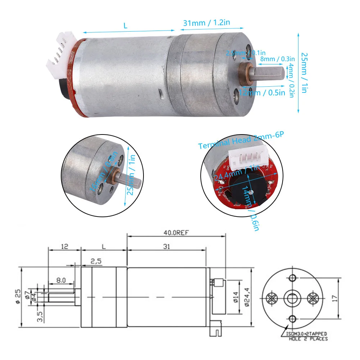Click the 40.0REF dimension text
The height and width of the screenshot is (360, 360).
point(176,232)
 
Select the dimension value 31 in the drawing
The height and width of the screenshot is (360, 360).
point(166,247)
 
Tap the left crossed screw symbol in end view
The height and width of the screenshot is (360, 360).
point(271,298)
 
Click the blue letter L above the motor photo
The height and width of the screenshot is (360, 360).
point(125,26)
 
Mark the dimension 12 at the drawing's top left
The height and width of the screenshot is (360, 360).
point(65,247)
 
